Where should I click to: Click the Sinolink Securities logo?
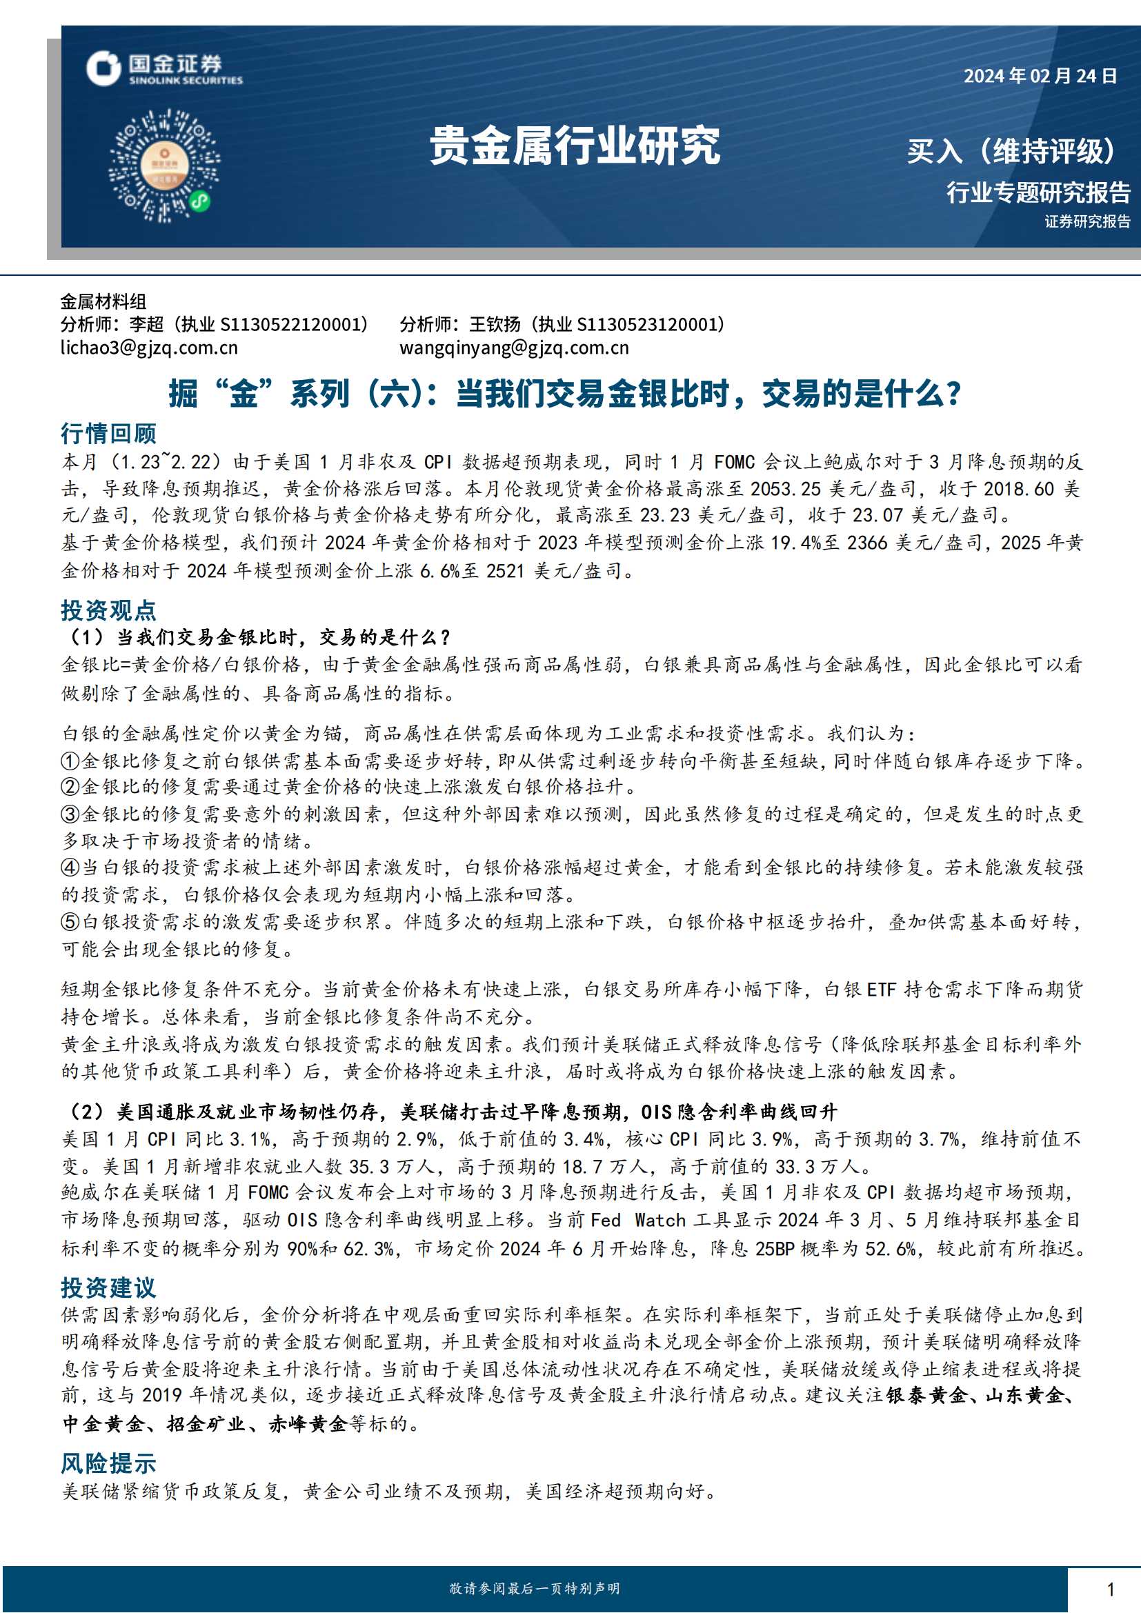point(163,69)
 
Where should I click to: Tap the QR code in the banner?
point(163,166)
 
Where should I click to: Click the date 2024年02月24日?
point(1040,76)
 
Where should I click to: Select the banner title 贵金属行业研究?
point(575,146)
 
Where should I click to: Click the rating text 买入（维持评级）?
point(1011,151)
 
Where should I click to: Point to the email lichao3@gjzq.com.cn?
point(149,348)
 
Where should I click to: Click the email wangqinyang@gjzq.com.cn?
point(515,348)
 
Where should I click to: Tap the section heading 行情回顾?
point(108,434)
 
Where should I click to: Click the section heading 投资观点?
point(108,610)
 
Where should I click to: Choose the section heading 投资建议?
point(108,1287)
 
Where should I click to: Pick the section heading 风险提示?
point(108,1463)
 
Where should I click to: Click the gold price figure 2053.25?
point(785,489)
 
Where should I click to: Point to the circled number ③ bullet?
point(70,814)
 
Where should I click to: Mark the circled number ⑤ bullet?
point(70,922)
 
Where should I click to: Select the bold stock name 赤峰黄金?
point(308,1424)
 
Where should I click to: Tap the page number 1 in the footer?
point(1111,1589)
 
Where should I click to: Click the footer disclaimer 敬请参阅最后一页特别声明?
point(535,1588)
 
